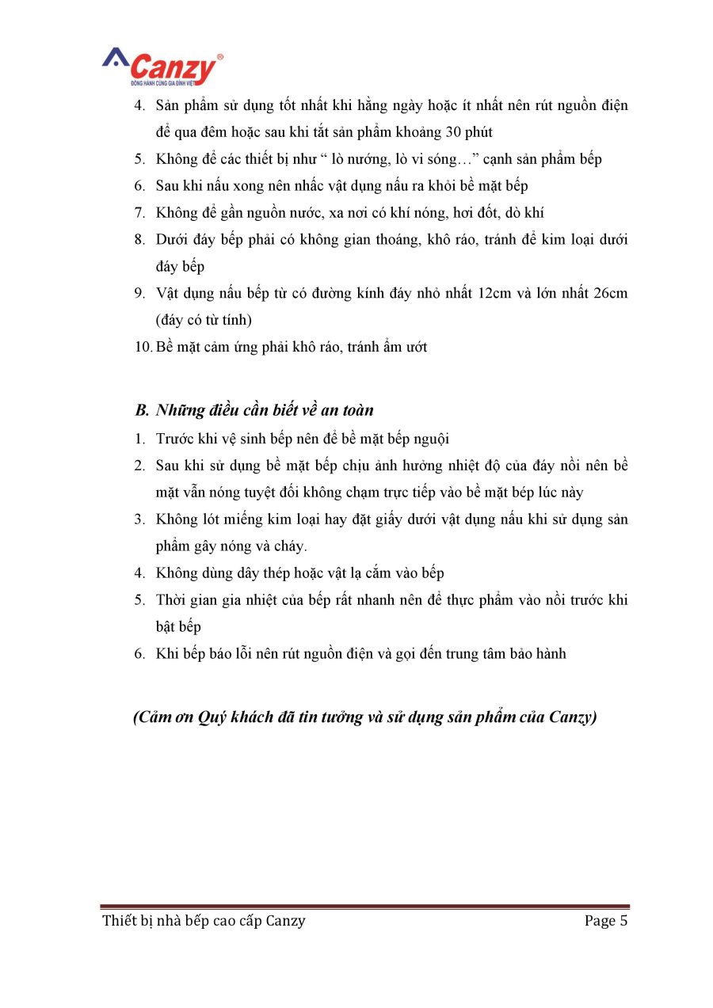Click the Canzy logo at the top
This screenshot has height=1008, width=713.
[x=162, y=67]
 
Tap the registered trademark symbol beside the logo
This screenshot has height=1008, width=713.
[x=219, y=57]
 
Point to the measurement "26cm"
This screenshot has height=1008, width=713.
[x=610, y=293]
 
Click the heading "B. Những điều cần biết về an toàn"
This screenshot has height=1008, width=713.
[x=254, y=410]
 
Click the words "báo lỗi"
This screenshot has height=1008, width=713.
[x=216, y=654]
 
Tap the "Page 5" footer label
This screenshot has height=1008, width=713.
[x=606, y=920]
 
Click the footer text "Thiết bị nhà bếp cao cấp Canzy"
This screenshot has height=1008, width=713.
[x=204, y=920]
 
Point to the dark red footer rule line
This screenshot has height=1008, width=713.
[x=364, y=906]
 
